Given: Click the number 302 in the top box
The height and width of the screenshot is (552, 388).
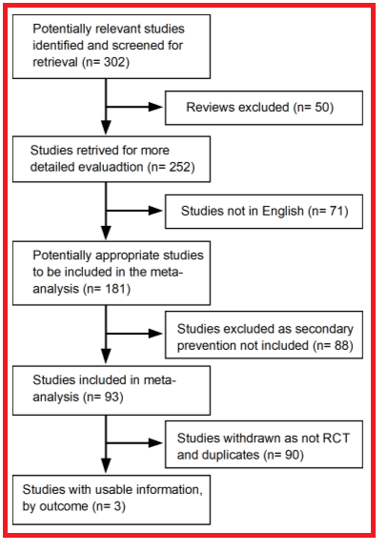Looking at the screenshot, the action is [x=114, y=62].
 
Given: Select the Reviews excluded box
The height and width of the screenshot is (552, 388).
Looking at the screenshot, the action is [x=264, y=108].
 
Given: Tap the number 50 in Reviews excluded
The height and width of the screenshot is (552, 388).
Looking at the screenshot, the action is [x=322, y=107].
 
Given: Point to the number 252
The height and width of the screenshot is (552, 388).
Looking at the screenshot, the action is [x=179, y=167].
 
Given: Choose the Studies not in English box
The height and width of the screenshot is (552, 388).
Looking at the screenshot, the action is [x=264, y=212].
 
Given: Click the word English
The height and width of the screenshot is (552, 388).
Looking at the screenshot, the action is [x=283, y=212].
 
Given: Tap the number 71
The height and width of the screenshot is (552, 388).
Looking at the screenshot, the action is [x=337, y=212].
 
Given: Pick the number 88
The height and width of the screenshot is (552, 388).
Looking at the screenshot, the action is [x=341, y=345].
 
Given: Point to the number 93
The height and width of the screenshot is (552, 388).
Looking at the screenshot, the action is [x=112, y=398].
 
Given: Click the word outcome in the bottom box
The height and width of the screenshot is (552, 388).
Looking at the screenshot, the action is [x=63, y=506].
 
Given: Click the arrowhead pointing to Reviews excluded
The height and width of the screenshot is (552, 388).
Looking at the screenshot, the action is [x=155, y=107].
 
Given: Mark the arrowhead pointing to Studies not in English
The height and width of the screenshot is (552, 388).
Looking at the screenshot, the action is [x=155, y=211].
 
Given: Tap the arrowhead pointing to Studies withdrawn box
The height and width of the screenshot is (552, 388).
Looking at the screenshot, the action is [x=155, y=443].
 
